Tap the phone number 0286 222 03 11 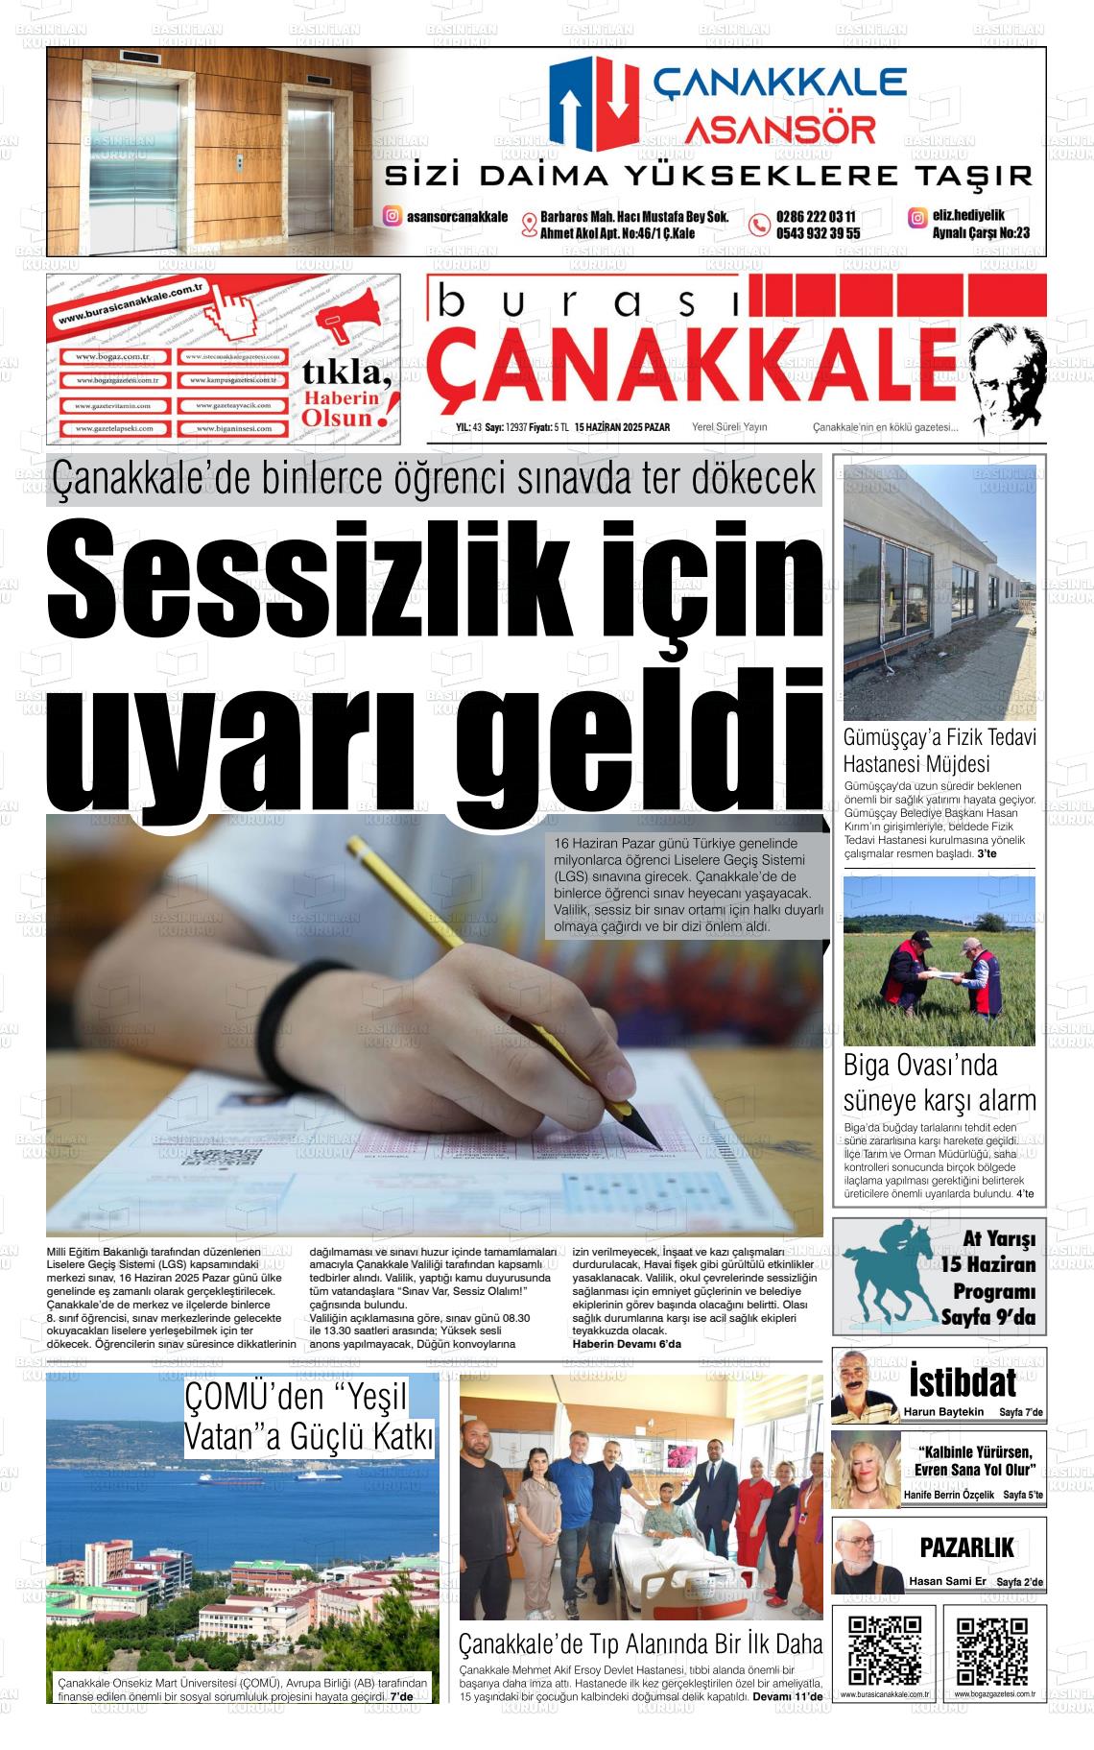(817, 217)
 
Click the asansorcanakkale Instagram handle (457, 217)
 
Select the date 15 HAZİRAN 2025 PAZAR (622, 427)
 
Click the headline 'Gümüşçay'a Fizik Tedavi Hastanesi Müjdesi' (939, 751)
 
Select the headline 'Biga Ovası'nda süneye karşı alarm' (939, 1082)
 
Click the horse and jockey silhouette (889, 1272)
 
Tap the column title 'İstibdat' (962, 1382)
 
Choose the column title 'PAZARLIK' (966, 1547)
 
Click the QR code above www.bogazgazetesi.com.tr (992, 1651)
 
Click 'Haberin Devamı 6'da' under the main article (626, 1343)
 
